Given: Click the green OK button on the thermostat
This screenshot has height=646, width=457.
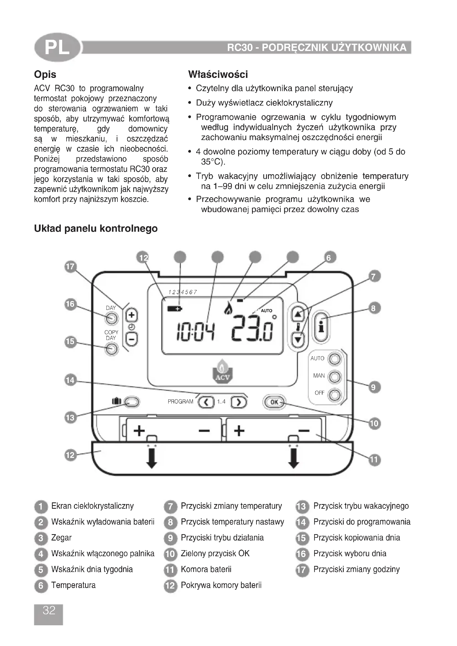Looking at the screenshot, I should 274,402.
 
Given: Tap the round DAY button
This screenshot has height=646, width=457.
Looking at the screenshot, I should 111,319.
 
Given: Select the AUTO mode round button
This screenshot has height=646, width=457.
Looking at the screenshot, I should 335,359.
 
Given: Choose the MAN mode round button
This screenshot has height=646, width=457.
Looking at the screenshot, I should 335,377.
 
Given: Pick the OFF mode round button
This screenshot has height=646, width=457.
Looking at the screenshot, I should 335,395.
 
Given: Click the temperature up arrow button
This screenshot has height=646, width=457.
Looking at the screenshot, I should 298,314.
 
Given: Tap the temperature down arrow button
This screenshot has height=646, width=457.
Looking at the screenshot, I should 298,339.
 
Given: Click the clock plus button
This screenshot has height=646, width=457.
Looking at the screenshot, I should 132,315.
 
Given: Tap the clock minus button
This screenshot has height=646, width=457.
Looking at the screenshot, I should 132,339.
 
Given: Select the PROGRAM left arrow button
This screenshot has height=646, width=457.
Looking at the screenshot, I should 206,402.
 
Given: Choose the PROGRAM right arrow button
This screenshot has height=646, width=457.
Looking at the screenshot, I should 239,402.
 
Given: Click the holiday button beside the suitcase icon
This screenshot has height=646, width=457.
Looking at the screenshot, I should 132,402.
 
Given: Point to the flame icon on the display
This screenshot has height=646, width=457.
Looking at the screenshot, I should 228,309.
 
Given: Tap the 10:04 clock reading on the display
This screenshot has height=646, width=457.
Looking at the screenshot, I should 195,332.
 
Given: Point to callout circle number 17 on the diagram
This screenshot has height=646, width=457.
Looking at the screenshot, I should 70,267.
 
